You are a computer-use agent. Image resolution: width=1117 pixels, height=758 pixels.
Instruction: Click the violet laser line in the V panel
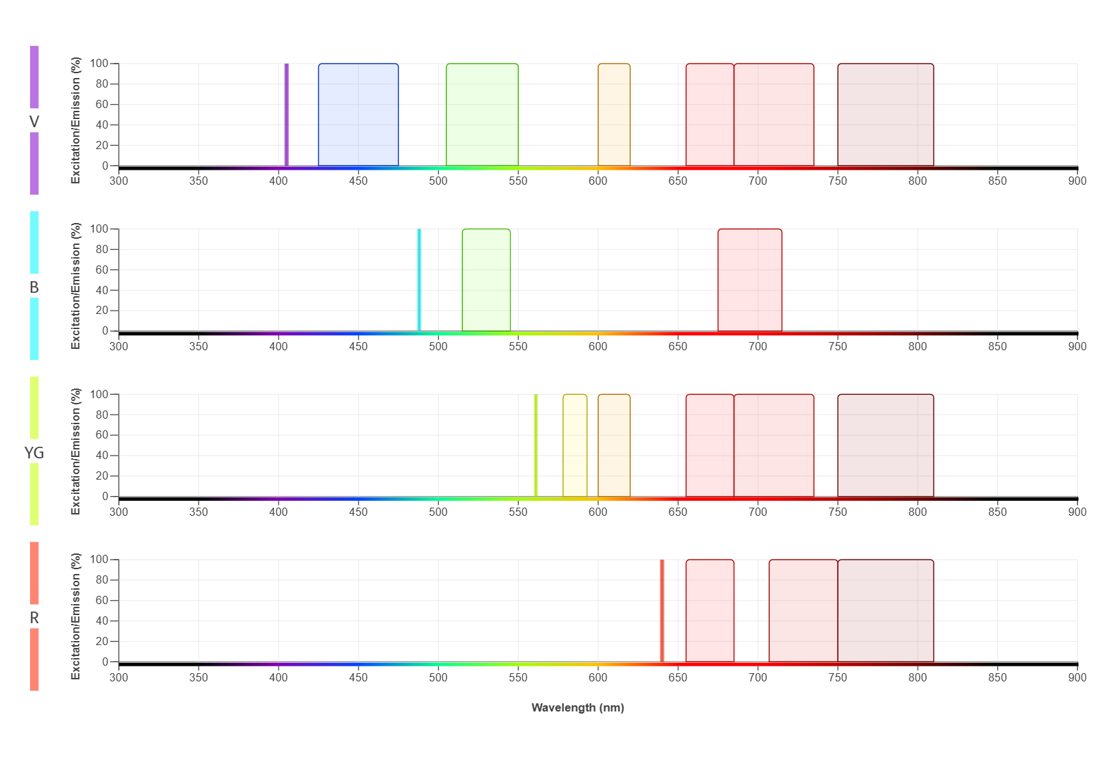(x=286, y=115)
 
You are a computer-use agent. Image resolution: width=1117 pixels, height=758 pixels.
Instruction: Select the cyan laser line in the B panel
(x=419, y=280)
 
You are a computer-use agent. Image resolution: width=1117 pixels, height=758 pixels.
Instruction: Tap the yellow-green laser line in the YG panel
(x=535, y=445)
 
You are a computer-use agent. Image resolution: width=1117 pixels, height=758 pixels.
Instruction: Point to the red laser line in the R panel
(x=662, y=610)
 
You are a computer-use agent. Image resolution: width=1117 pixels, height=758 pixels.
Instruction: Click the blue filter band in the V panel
(x=358, y=115)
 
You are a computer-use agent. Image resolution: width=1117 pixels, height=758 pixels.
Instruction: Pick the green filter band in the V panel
(x=482, y=115)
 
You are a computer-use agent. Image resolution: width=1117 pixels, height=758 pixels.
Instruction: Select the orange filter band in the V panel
(x=614, y=115)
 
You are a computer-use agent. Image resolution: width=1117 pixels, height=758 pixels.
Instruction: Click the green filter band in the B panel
(x=486, y=280)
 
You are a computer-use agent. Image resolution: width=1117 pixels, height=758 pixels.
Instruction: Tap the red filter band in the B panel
(x=749, y=280)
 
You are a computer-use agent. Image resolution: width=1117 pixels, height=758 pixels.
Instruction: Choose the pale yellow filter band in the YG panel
(x=575, y=445)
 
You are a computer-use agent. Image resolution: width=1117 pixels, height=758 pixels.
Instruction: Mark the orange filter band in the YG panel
(x=614, y=445)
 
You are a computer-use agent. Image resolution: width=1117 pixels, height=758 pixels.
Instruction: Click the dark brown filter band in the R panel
(x=885, y=610)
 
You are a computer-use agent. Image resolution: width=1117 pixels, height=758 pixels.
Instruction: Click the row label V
(x=34, y=122)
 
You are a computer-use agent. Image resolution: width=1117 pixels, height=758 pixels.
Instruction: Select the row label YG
(x=34, y=453)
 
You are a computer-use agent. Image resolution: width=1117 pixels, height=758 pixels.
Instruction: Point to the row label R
(x=34, y=618)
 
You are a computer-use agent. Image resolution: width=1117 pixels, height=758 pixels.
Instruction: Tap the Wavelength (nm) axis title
(x=578, y=707)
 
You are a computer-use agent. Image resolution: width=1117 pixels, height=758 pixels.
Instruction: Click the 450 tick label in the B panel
(x=358, y=346)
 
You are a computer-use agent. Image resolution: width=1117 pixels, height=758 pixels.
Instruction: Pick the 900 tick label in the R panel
(x=1077, y=677)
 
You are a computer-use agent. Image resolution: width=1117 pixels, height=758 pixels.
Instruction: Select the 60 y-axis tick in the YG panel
(x=101, y=435)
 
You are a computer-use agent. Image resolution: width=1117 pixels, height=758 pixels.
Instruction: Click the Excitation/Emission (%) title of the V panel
(x=76, y=120)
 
